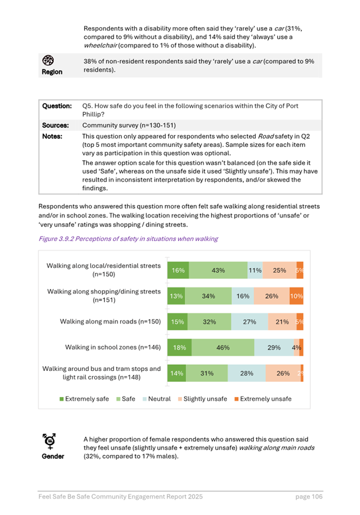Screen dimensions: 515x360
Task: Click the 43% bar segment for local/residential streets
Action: point(218,270)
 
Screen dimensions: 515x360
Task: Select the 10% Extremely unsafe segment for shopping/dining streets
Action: point(297,296)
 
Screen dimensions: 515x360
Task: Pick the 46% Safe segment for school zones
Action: point(222,348)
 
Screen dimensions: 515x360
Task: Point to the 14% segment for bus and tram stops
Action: point(177,373)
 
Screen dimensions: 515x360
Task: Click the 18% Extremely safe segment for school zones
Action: point(179,348)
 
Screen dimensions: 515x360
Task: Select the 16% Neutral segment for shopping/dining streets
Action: point(243,296)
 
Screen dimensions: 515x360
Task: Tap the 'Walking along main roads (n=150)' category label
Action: point(111,322)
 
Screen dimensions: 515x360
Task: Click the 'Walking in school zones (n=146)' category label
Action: point(113,347)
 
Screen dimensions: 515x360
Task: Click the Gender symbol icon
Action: point(50,441)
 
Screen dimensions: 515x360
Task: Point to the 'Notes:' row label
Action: point(53,136)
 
